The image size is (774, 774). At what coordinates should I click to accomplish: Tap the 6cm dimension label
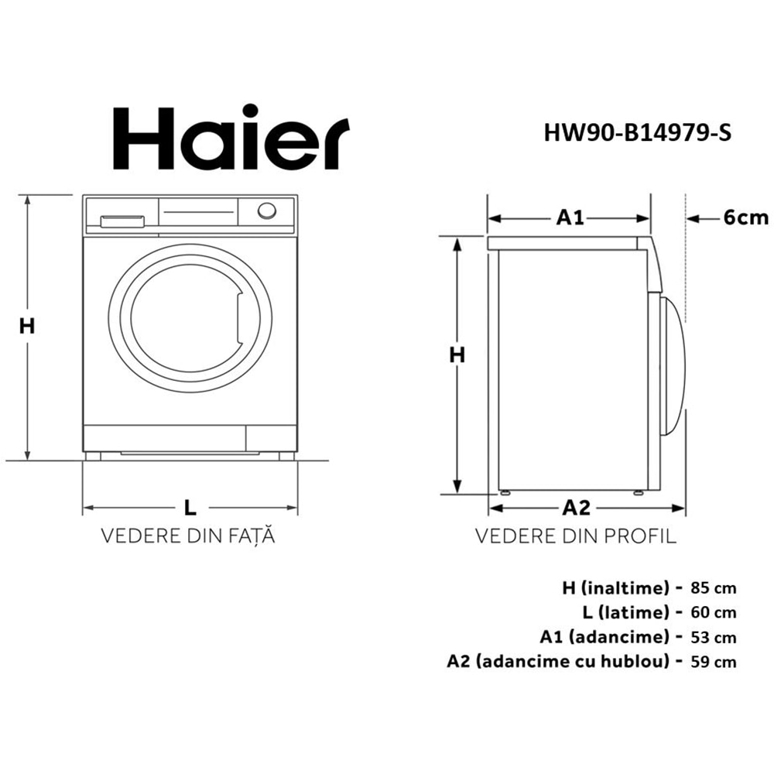[746, 218]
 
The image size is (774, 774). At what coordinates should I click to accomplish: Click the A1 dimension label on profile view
[570, 218]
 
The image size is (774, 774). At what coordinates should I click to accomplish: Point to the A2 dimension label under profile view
[576, 508]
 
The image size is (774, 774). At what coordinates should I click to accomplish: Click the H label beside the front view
[27, 327]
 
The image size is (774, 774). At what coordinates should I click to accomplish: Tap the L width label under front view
[190, 508]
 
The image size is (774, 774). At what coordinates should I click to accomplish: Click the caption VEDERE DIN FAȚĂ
[189, 536]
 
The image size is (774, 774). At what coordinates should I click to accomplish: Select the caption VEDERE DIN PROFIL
[576, 536]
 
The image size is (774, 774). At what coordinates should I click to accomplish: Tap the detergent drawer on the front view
[122, 222]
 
